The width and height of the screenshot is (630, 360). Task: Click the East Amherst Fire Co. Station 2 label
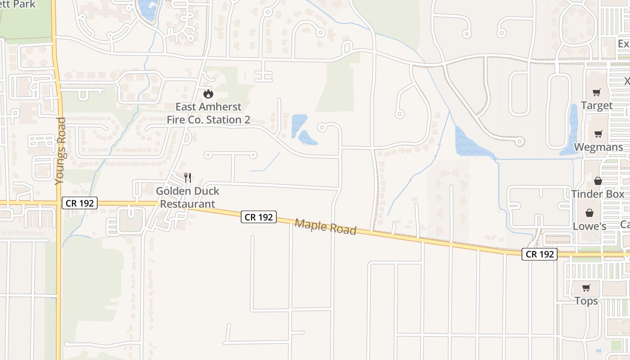coord(208,113)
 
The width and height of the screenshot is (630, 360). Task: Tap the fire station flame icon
coord(208,94)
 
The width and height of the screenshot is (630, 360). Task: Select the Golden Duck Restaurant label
coord(188,198)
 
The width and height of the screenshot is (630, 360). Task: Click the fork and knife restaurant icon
coord(188,178)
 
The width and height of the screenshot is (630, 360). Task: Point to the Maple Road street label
coord(325,227)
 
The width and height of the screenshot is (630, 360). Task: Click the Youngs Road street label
coord(60,151)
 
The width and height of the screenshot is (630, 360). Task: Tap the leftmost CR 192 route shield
coord(80,203)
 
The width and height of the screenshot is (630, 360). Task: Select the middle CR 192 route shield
coord(258,217)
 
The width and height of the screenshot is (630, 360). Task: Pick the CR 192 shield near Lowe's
coord(540,254)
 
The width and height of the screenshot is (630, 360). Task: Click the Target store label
coord(597,106)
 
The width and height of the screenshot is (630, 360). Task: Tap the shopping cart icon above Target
coord(597,93)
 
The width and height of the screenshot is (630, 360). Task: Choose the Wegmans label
coord(598,147)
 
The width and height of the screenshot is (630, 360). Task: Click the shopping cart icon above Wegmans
coord(598,134)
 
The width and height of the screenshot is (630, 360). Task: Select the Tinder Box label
coord(598,194)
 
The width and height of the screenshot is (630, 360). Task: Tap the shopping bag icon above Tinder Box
coord(598,181)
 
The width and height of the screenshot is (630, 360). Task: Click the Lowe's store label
coord(589,226)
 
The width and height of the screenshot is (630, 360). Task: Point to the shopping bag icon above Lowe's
coord(589,213)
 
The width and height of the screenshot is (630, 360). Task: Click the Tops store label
coord(586,301)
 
